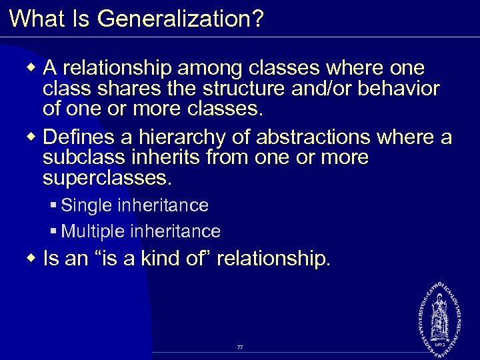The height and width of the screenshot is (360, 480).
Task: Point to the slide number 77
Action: coord(239,348)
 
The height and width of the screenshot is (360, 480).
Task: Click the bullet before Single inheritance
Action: coord(53,205)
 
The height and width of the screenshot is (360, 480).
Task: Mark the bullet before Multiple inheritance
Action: coord(53,231)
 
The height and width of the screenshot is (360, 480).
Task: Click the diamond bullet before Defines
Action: coord(33,137)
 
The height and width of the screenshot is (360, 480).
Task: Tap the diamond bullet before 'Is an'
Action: coord(33,258)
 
